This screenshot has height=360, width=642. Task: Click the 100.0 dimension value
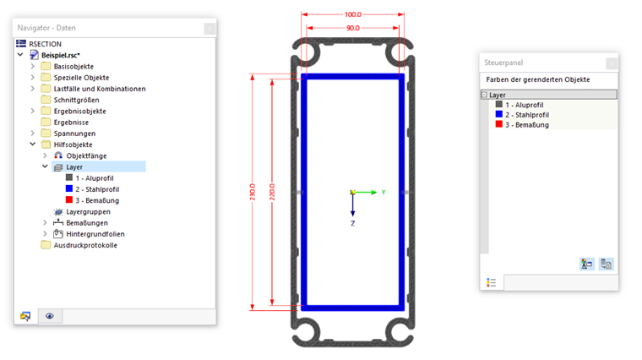pos(352,14)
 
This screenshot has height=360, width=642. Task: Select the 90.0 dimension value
pos(352,28)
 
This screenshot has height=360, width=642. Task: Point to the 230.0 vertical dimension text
pos(253,192)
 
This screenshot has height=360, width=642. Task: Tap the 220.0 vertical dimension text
pos(272,192)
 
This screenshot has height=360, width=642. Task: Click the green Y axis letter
pos(384,192)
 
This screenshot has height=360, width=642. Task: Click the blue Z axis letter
pos(352,223)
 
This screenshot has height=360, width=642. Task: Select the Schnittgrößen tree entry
pos(76,100)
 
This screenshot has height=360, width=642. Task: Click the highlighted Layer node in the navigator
pos(74,167)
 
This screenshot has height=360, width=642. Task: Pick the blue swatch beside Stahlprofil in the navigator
pos(69,188)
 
